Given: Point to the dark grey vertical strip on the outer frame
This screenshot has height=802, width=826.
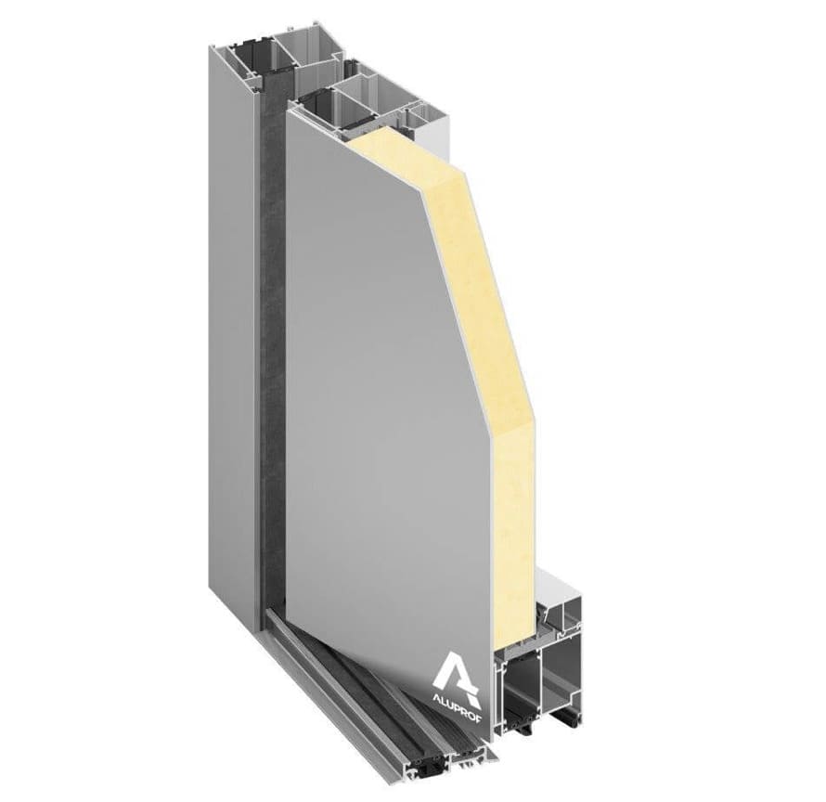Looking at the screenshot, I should pos(271,371).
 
